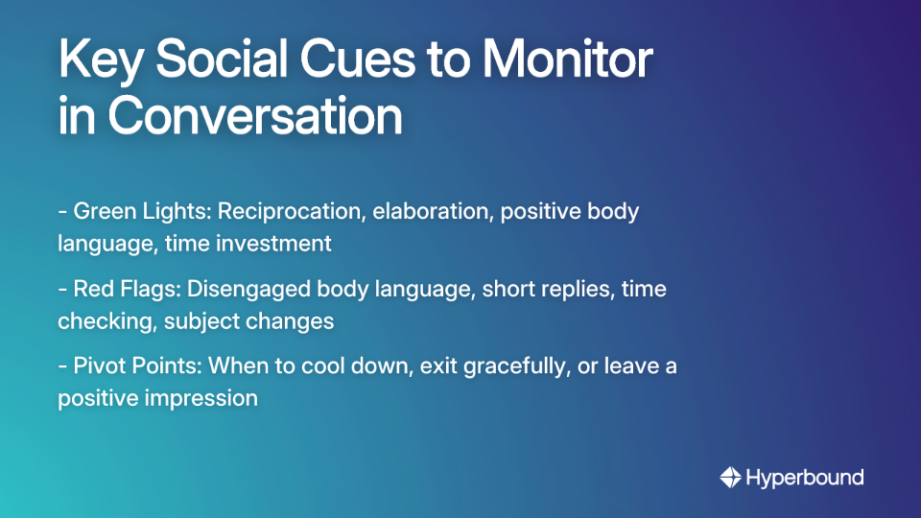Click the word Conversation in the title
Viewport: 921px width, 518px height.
pyautogui.click(x=254, y=116)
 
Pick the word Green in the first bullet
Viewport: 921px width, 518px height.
pyautogui.click(x=105, y=211)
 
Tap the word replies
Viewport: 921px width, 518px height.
pyautogui.click(x=571, y=289)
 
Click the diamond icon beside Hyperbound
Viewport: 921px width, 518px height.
pyautogui.click(x=730, y=477)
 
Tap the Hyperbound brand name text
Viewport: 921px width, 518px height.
pyautogui.click(x=805, y=477)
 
